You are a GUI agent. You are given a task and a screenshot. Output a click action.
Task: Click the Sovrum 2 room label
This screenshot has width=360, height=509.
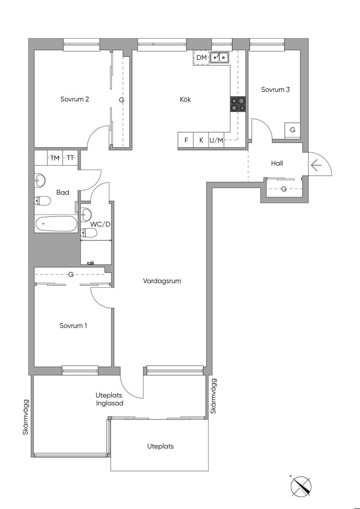[75, 99]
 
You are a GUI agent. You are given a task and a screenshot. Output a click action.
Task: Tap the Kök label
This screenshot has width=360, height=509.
[185, 99]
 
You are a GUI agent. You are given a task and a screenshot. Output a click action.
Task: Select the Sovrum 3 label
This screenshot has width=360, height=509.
[276, 90]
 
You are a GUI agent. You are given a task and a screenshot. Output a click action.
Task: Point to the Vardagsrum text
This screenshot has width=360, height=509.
[162, 281]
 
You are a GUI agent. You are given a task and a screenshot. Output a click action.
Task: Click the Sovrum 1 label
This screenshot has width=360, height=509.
[73, 326]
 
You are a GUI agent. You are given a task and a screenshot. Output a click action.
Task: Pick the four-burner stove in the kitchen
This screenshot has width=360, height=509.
[238, 104]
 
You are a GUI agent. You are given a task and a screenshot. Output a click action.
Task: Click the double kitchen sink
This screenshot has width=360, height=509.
[219, 57]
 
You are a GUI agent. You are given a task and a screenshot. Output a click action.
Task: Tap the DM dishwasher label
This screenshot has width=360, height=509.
[201, 58]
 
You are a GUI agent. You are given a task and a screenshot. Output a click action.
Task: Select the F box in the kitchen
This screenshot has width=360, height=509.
[186, 140]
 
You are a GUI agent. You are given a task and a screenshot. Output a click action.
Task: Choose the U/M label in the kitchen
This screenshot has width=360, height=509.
[216, 140]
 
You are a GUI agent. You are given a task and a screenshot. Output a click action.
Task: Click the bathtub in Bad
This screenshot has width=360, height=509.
[56, 224]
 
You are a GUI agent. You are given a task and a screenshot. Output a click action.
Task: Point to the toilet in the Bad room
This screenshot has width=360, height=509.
[42, 201]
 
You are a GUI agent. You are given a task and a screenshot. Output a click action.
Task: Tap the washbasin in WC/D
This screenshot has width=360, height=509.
[86, 214]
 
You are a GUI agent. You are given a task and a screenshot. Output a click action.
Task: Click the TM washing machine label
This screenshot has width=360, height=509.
[55, 158]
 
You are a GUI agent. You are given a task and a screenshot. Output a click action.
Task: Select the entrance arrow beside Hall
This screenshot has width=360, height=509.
[316, 165]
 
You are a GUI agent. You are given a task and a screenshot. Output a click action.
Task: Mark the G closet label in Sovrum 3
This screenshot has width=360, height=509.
[293, 130]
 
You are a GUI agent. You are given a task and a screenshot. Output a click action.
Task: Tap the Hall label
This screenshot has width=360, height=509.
[277, 163]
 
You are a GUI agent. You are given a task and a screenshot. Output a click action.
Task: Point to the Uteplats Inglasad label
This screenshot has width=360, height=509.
[109, 400]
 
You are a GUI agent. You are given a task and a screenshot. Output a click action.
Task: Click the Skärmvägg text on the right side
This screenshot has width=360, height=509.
[213, 396]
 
